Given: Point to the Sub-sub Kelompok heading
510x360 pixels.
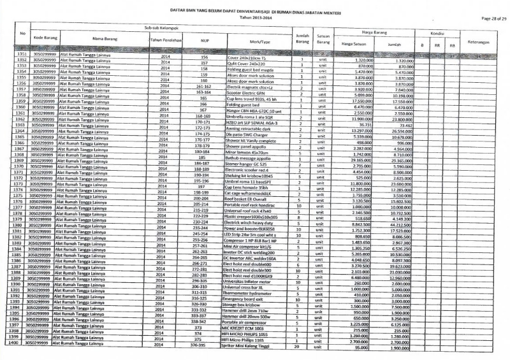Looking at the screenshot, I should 159,27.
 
